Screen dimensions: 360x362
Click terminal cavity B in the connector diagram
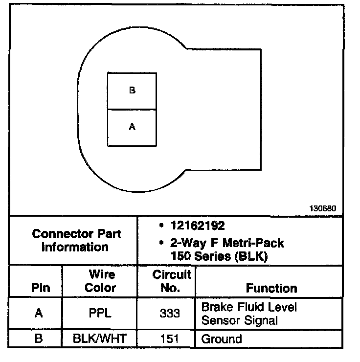tap(132, 91)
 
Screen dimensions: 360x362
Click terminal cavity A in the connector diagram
tap(132, 127)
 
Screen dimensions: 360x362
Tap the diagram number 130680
tap(322, 208)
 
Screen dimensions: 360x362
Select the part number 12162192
tap(198, 226)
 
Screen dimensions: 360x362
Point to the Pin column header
tap(40, 288)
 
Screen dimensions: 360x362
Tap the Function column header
tap(271, 288)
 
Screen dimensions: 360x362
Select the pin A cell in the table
tap(39, 314)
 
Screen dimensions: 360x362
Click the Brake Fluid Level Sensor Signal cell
tap(249, 314)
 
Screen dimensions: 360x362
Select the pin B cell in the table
tap(39, 339)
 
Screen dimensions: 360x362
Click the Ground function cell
tap(222, 339)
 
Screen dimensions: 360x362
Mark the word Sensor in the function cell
tap(219, 321)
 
